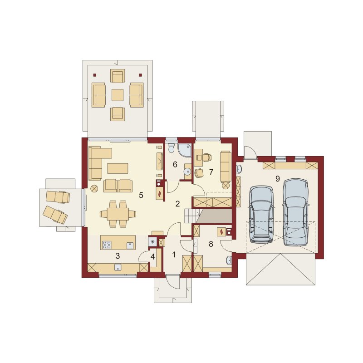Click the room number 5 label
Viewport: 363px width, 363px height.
[x=141, y=196]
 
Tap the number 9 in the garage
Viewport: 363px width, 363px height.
[x=278, y=178]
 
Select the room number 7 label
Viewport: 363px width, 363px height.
[x=211, y=172]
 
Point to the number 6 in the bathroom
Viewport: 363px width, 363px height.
[x=175, y=165]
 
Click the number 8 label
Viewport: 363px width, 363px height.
[x=211, y=244]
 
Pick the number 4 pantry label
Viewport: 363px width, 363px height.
[x=152, y=257]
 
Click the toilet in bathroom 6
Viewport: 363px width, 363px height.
[x=172, y=148]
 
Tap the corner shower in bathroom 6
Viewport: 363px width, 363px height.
[x=185, y=150]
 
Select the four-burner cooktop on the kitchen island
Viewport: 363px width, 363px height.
[x=107, y=245]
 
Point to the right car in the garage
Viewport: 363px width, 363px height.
[x=296, y=212]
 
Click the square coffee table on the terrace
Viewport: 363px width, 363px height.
[x=118, y=95]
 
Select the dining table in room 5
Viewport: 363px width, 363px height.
[x=118, y=214]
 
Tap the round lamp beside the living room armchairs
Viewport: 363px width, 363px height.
[x=94, y=189]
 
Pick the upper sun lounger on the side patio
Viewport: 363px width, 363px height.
[x=58, y=197]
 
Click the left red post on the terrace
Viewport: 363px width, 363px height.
[x=95, y=75]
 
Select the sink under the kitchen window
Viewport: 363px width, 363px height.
[x=118, y=267]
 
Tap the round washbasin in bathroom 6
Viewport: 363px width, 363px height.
[x=187, y=172]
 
